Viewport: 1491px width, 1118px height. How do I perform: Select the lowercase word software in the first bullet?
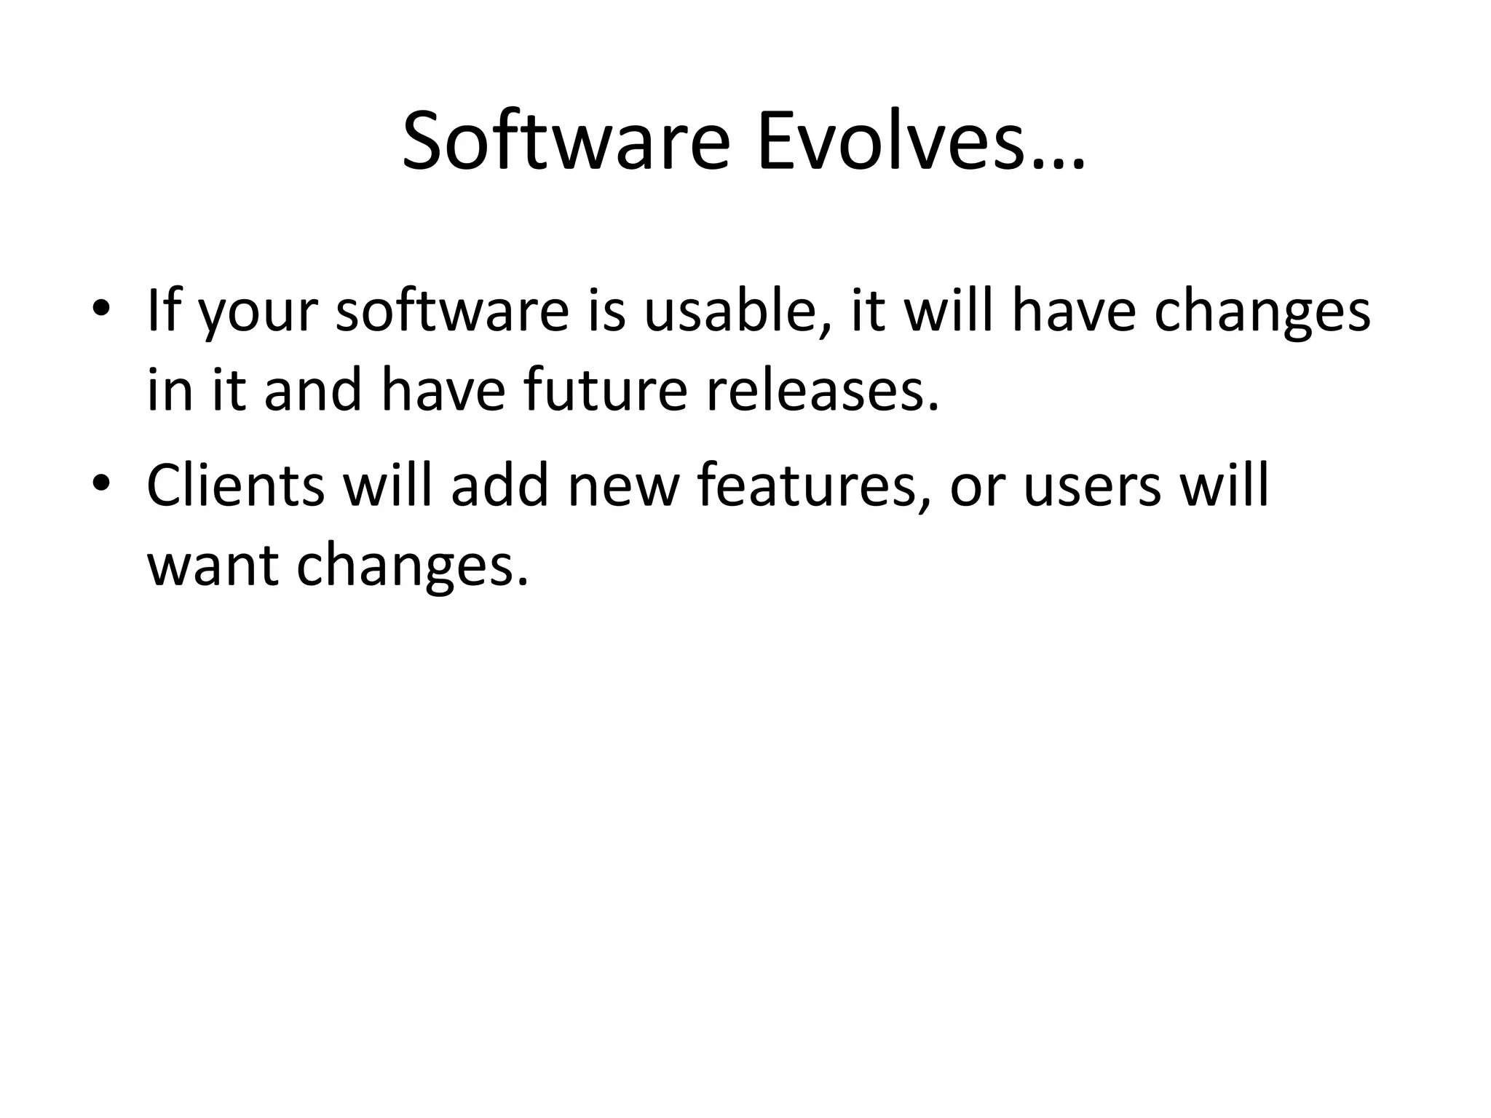pos(451,311)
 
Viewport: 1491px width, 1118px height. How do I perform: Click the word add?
pos(499,485)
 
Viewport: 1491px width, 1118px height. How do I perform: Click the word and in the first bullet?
pos(313,389)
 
